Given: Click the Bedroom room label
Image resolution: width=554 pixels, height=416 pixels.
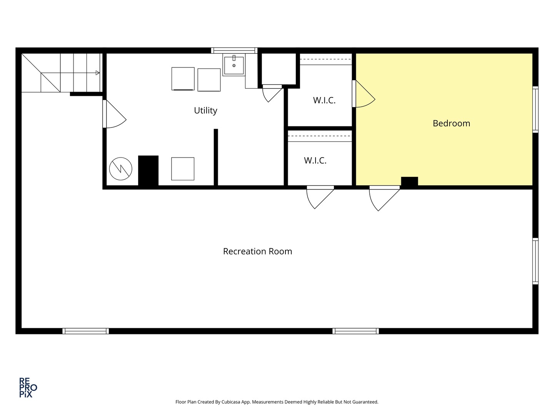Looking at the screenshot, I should click(451, 123).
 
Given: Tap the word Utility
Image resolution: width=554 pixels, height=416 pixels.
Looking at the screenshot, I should click(205, 111).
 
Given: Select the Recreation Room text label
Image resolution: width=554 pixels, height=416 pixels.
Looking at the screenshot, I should click(257, 252).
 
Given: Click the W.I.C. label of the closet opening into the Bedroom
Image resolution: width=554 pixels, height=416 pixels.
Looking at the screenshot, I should click(324, 101).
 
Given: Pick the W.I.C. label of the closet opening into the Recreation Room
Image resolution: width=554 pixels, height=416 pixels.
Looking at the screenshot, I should click(315, 161).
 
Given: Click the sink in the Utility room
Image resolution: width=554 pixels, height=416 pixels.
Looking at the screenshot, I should click(234, 65).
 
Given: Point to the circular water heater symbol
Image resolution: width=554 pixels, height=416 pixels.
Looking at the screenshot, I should click(120, 169).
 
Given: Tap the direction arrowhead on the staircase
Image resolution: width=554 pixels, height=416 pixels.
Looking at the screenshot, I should click(98, 73).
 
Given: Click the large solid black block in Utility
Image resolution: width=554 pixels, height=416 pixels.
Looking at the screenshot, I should click(148, 171).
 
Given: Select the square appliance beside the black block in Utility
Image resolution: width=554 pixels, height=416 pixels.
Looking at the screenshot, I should click(183, 169).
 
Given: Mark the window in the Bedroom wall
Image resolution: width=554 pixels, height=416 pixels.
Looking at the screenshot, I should click(535, 110).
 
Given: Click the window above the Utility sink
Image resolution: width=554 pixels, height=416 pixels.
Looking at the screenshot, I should click(234, 50).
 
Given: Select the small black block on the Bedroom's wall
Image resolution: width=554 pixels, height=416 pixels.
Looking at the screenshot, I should click(409, 181).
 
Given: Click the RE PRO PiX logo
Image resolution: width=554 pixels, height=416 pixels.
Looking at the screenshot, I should click(28, 387).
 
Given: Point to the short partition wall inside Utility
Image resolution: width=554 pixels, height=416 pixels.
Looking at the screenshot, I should click(216, 157).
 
